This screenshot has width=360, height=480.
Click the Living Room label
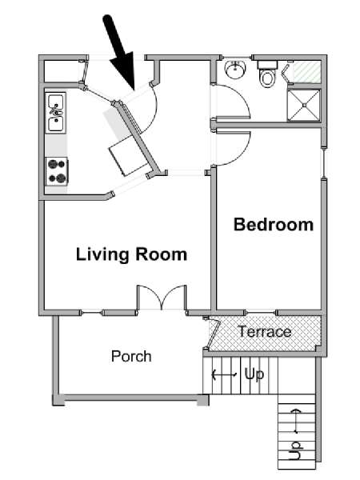131,254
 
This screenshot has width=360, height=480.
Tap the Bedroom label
274,224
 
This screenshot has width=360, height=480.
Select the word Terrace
265,332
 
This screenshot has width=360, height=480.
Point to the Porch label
131,356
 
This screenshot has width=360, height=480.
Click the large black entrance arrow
120,54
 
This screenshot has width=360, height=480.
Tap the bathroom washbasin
235,70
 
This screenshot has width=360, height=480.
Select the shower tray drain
304,106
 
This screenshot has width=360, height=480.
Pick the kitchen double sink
56,113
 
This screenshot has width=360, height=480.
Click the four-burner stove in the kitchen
57,171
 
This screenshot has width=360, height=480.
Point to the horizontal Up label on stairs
254,374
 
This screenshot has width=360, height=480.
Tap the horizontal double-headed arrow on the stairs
224,374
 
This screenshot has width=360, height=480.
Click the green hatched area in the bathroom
307,72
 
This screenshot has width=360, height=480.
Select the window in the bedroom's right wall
323,163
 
